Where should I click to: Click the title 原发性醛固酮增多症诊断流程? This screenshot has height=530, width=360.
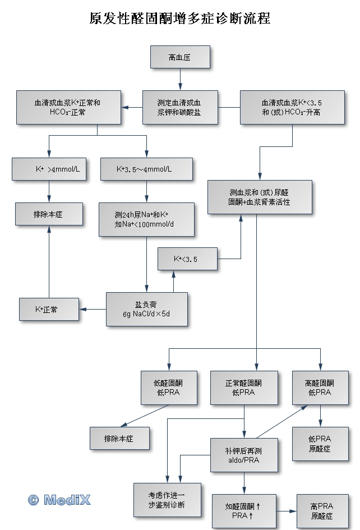(180, 19)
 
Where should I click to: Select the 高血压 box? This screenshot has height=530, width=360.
(179, 57)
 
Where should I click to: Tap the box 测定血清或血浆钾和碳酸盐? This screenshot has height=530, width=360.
(179, 107)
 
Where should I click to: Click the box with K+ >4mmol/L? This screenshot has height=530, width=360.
(49, 169)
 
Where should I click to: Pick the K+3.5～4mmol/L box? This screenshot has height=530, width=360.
(146, 169)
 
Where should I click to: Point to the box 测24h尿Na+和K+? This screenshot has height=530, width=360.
(146, 219)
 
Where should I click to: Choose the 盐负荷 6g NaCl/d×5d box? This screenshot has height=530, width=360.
(146, 309)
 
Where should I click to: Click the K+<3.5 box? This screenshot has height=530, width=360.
(187, 259)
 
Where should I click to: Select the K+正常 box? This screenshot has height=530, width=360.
(49, 309)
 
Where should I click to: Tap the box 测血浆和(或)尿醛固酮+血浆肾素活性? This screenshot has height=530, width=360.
(260, 196)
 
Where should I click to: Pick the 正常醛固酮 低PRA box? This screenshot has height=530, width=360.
(243, 388)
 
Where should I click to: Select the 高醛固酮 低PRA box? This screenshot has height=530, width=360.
(320, 388)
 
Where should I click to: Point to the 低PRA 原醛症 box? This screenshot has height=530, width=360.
(320, 444)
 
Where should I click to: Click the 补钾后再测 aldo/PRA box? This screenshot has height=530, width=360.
(243, 455)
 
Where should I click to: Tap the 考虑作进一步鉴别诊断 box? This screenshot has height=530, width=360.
(167, 500)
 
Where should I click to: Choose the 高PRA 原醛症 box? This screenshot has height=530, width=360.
(321, 510)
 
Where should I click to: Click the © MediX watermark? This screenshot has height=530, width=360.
(59, 500)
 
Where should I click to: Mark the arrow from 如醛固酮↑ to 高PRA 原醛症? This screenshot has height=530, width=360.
(286, 511)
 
